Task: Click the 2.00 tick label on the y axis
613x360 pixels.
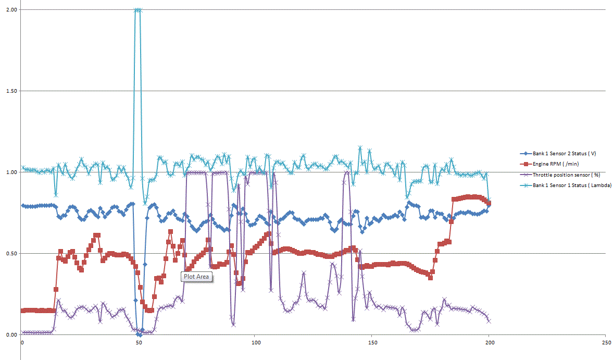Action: (x=11, y=10)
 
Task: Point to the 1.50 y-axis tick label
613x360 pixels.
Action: (x=11, y=91)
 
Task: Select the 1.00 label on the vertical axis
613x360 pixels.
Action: (x=11, y=172)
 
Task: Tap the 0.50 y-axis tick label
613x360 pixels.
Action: (x=11, y=254)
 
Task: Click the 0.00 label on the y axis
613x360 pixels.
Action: (x=11, y=335)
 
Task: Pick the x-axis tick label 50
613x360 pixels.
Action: (x=139, y=343)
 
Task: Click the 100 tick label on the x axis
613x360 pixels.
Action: (x=255, y=343)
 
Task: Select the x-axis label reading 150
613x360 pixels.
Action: (x=372, y=343)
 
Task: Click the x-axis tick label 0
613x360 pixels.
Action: (x=22, y=343)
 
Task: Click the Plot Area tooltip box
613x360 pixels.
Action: (x=196, y=277)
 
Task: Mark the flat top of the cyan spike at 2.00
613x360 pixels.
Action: (x=138, y=10)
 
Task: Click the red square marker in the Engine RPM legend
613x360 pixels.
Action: (x=526, y=164)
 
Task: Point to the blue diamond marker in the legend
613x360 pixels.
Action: (x=526, y=154)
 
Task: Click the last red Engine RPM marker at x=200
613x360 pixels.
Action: (x=489, y=203)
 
